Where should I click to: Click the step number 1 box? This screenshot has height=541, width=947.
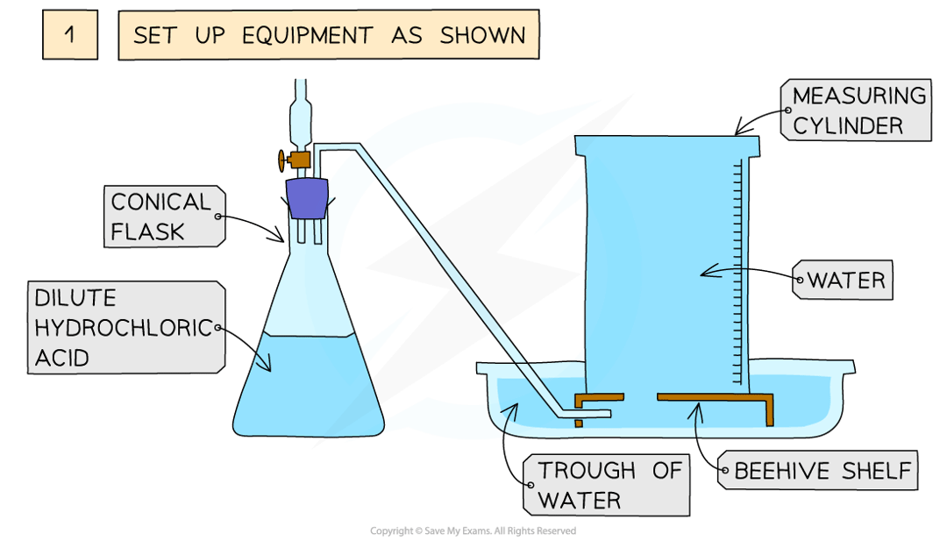[x=70, y=36]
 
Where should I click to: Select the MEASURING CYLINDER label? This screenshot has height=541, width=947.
[x=858, y=110]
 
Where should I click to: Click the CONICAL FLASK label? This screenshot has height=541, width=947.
[x=160, y=217]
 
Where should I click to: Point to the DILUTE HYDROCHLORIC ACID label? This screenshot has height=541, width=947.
[x=122, y=328]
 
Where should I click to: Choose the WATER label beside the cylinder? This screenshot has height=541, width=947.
[x=845, y=281]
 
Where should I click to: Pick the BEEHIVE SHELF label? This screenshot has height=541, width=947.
[x=823, y=472]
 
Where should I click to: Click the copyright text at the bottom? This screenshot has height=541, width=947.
[x=473, y=530]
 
